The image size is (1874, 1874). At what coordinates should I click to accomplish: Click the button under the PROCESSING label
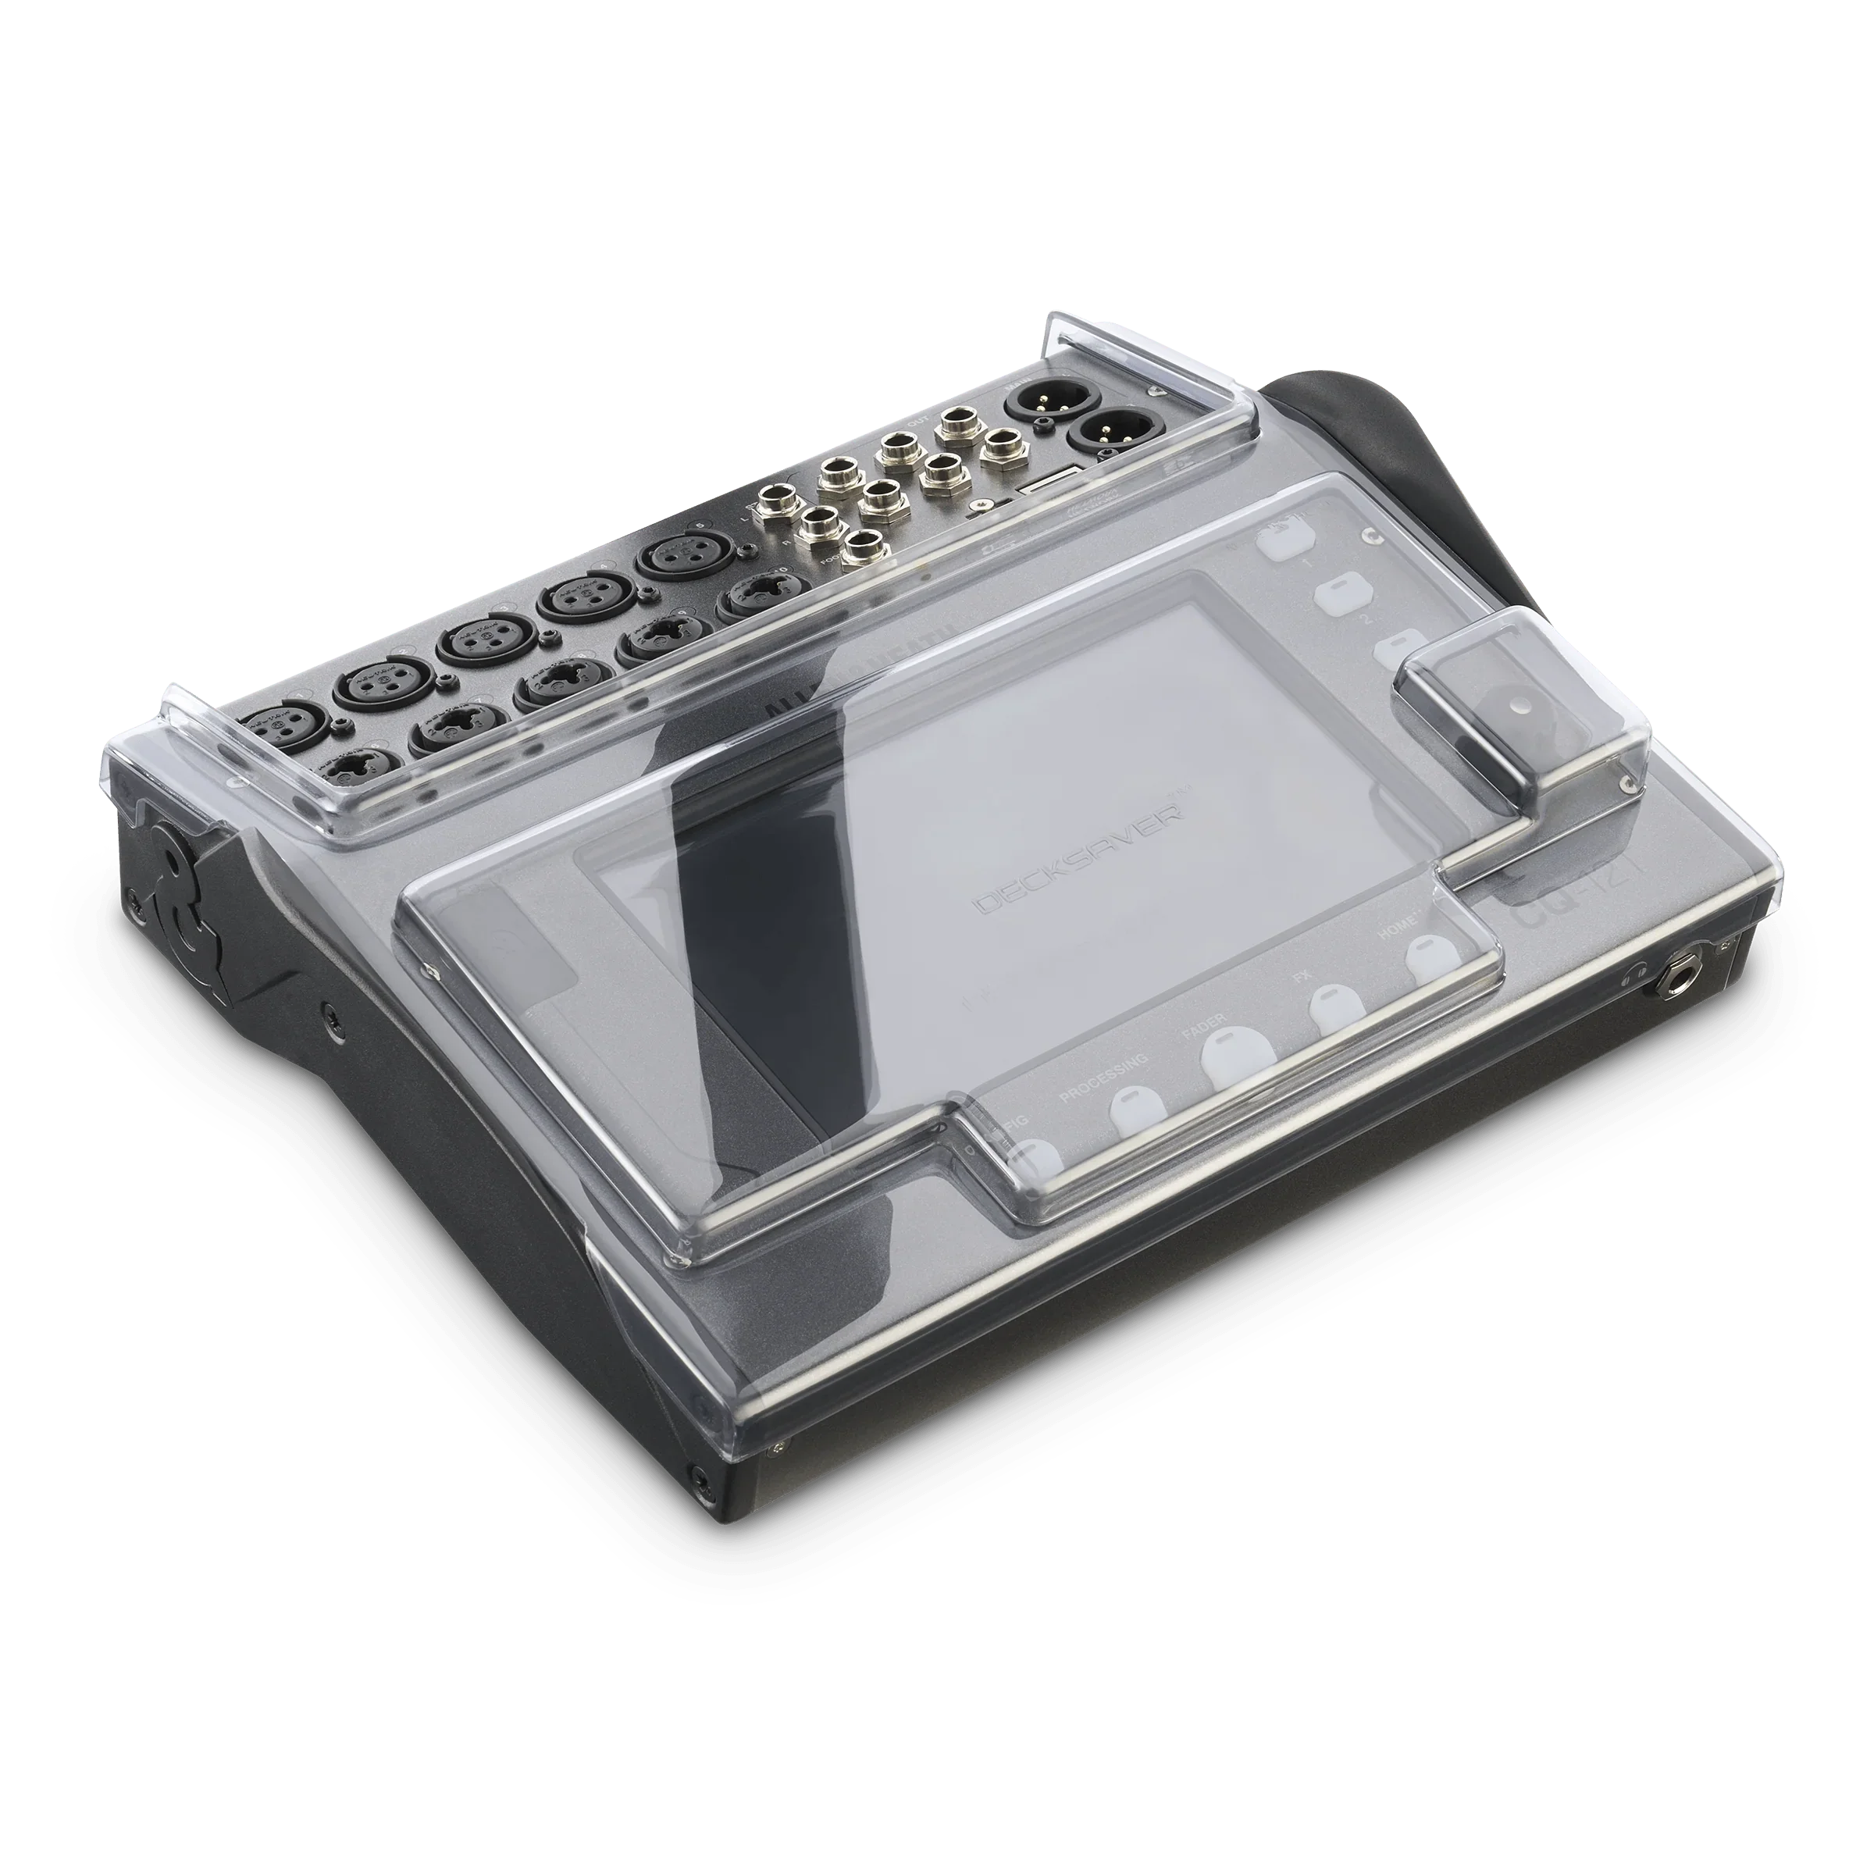pos(1132,1113)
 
